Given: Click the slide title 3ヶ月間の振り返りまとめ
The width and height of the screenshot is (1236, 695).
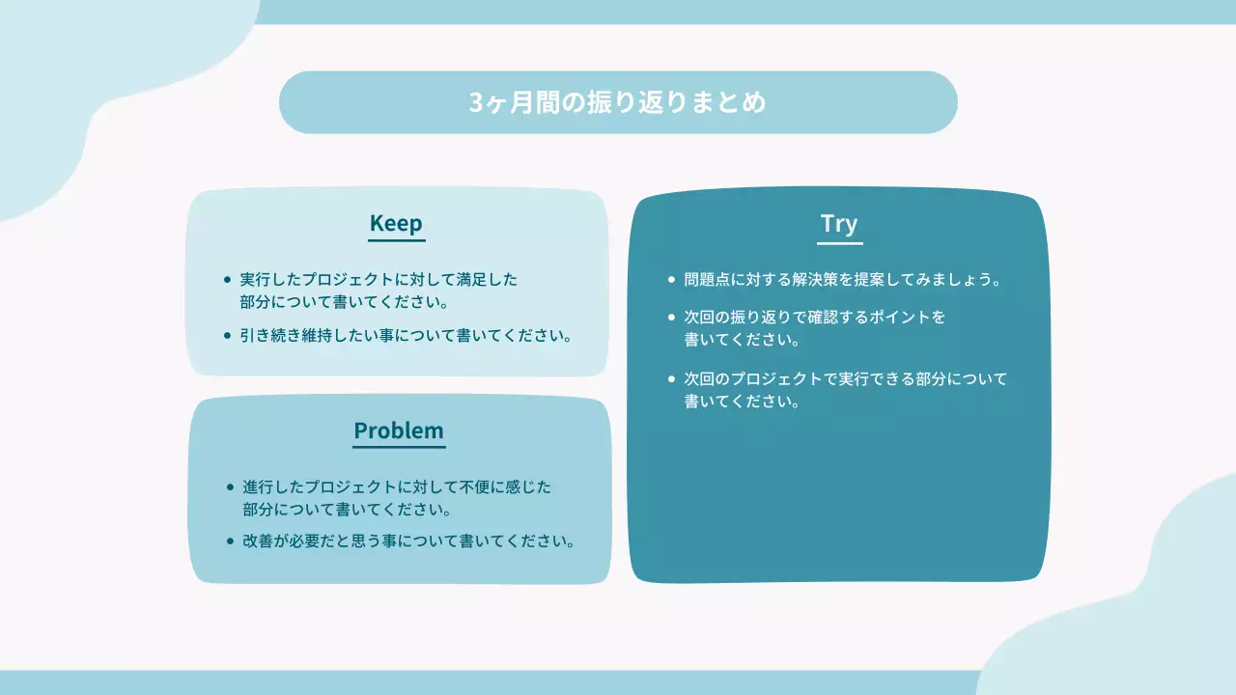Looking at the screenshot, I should click(x=618, y=102).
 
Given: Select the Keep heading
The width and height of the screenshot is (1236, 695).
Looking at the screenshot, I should click(x=396, y=223).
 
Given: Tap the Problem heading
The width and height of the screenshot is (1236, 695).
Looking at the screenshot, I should click(x=399, y=431).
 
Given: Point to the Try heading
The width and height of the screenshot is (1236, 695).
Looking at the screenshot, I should click(x=839, y=224).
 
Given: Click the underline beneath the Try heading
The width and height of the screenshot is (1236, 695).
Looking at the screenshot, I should click(x=839, y=243).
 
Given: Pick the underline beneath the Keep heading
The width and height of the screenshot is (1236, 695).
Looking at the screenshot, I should click(x=396, y=239).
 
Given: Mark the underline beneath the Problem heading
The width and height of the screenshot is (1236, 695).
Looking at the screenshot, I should click(x=399, y=447).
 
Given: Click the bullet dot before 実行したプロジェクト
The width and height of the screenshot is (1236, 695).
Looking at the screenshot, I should click(x=228, y=280).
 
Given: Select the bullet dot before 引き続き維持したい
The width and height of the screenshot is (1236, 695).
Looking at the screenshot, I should click(x=228, y=337).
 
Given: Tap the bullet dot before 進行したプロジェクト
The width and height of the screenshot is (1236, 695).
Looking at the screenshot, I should click(x=230, y=487).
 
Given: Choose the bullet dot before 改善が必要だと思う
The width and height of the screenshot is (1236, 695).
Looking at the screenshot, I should click(x=230, y=542).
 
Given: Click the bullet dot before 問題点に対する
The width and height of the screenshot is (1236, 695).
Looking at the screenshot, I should click(x=672, y=280).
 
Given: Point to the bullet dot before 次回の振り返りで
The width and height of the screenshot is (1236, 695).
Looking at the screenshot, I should click(x=672, y=317).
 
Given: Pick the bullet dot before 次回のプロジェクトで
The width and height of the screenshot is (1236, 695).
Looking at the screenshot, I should click(x=672, y=379).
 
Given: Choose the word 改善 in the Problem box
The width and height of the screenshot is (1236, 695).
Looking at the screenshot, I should click(x=259, y=542).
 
